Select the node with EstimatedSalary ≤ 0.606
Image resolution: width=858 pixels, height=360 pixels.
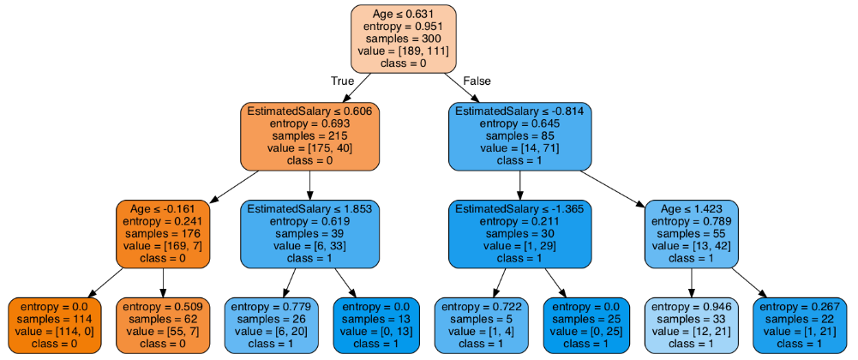[310, 136]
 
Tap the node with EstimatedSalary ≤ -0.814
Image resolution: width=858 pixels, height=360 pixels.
[519, 136]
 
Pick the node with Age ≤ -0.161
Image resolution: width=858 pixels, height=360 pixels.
[163, 233]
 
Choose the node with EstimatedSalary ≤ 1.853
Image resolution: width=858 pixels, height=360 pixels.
[310, 233]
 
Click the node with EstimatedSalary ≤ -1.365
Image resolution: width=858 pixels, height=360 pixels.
[519, 233]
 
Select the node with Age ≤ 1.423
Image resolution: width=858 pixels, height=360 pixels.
[691, 233]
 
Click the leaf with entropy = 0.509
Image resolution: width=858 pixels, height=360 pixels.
[163, 325]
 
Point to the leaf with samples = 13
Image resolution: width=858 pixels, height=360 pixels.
[375, 325]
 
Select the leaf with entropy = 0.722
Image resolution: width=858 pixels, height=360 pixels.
[480, 325]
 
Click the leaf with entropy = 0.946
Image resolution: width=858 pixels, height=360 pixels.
[691, 325]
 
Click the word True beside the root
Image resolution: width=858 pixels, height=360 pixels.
[343, 81]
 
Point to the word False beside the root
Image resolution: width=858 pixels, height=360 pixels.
[477, 81]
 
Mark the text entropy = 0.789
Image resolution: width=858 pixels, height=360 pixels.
[691, 221]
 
